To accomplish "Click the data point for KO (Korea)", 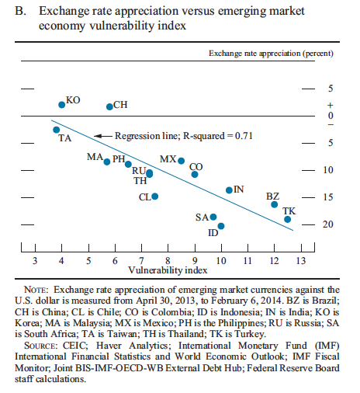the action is point(62,105).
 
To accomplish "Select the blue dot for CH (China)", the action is point(109,106).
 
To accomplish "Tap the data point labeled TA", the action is point(57,130).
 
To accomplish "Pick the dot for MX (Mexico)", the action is point(182,161).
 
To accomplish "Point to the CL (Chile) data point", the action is point(155,196).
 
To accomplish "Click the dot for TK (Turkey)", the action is point(287,219).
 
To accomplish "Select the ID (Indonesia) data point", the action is point(221,226).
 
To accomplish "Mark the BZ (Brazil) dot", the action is point(275,204).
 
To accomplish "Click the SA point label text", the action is point(202,217).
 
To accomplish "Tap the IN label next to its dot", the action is point(239,190).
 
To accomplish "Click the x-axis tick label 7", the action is point(141,260).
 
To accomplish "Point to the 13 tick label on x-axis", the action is point(301,260).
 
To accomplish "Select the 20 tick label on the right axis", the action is point(327,224).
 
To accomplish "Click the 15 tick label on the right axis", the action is point(327,197).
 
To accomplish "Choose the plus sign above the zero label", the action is point(331,106).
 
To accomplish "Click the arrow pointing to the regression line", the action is point(103,136).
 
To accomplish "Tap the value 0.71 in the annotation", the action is point(244,136).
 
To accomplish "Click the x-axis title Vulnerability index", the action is point(168,270).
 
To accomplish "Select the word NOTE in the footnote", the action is point(36,290).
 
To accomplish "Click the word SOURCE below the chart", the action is point(41,346).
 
